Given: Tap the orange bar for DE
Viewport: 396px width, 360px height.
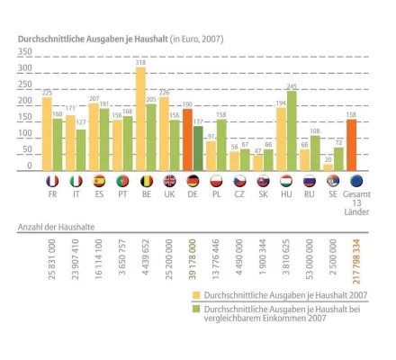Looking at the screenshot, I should click(187, 140).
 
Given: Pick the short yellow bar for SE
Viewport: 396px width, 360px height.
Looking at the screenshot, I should click(328, 167).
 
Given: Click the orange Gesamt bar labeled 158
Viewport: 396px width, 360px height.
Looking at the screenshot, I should click(352, 145).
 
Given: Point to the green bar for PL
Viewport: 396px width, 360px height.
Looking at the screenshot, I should click(220, 145).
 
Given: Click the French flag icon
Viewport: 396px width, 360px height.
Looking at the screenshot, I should click(52, 182).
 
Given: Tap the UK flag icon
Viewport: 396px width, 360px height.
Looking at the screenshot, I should click(169, 182).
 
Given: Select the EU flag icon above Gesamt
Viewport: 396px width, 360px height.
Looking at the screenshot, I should click(356, 182).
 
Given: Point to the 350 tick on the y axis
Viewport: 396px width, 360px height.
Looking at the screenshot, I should click(24, 53).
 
